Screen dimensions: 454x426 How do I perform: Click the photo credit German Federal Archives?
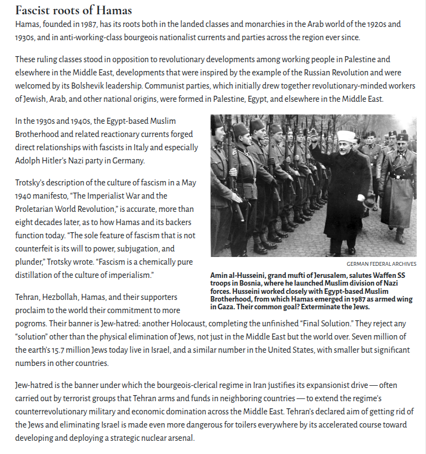(x=381, y=264)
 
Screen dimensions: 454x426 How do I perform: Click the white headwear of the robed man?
(x=345, y=136)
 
